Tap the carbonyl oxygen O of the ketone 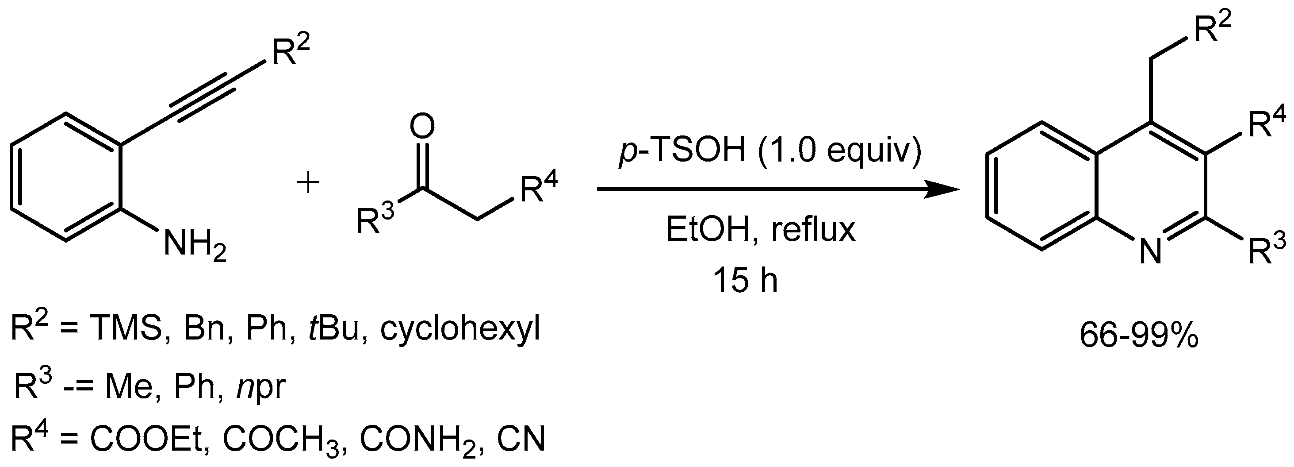coord(421,127)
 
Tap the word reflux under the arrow coord(813,230)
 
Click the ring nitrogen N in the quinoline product coord(1150,251)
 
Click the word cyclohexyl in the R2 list coord(460,329)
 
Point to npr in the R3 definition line coord(262,386)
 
